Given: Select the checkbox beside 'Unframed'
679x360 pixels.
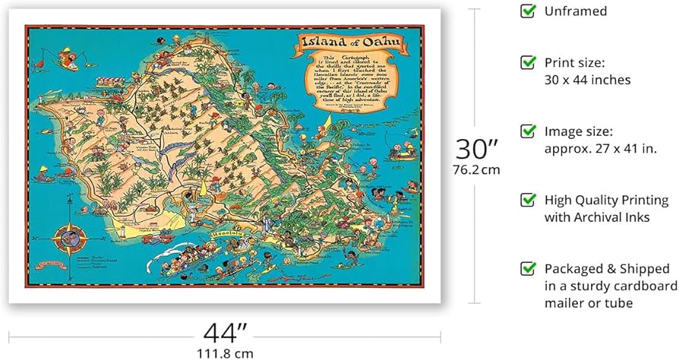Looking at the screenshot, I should click(x=527, y=11).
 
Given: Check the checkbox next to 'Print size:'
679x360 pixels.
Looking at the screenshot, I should click(x=527, y=62).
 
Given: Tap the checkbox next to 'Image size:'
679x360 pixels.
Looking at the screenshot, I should click(x=527, y=131).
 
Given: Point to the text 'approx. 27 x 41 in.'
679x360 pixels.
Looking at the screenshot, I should click(x=598, y=148).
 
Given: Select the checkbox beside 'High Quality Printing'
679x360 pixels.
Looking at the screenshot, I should click(x=527, y=200).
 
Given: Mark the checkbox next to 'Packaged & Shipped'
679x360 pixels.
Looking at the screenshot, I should click(x=527, y=269).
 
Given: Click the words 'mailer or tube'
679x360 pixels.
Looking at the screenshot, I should click(x=589, y=303).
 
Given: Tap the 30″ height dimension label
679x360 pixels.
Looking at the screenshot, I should click(x=477, y=147).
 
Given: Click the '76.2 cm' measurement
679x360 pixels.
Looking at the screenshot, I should click(x=477, y=169).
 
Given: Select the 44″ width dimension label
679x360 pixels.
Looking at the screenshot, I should click(x=225, y=332).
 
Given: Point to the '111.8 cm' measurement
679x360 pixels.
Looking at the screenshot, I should click(x=225, y=352).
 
